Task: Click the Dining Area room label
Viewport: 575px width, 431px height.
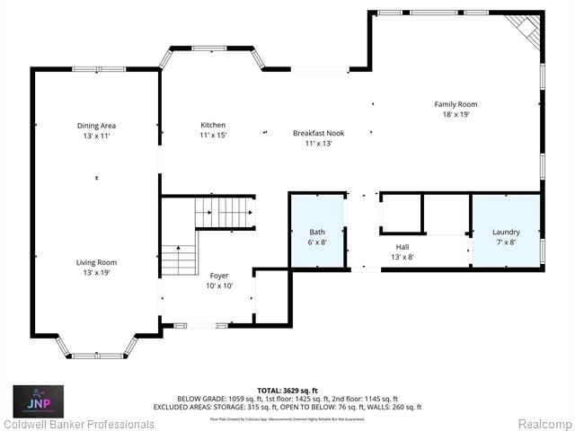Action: tap(96, 126)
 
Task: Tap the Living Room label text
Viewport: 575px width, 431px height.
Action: tap(96, 262)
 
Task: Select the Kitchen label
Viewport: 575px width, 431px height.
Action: tap(213, 125)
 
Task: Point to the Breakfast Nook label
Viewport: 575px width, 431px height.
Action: tap(318, 133)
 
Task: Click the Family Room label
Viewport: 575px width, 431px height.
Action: tap(456, 104)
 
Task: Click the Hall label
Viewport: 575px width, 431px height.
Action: tap(402, 246)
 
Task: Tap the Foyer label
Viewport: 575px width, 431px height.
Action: tap(219, 276)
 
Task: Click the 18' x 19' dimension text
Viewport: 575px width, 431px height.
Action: tap(456, 114)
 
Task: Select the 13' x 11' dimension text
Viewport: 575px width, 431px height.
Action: tap(96, 136)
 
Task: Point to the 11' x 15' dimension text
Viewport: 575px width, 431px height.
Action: tap(213, 135)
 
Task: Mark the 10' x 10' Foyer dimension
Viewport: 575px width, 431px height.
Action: tap(219, 286)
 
